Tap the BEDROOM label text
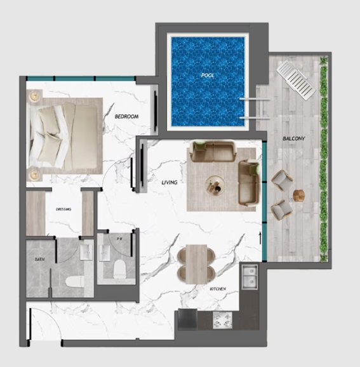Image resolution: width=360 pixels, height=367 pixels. tap(126, 117)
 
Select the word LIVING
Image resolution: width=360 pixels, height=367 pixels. tap(169, 183)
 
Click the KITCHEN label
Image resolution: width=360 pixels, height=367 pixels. tap(218, 289)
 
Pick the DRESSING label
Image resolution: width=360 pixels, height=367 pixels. tap(63, 209)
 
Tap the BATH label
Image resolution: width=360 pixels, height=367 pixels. tap(38, 260)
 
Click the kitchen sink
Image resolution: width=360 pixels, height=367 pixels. tap(250, 276)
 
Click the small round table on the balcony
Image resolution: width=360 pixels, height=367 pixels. tap(299, 194)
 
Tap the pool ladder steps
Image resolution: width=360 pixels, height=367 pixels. tap(253, 109)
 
